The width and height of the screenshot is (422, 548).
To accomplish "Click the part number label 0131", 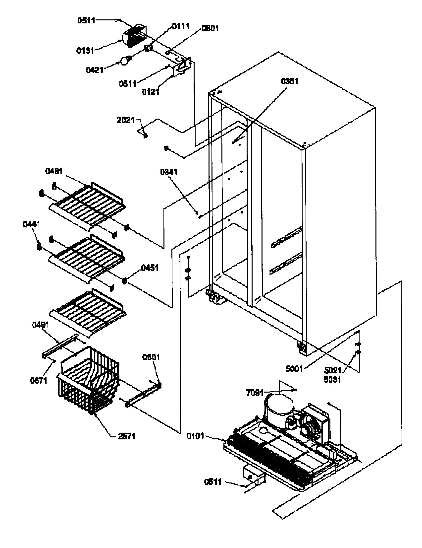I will [x=85, y=51].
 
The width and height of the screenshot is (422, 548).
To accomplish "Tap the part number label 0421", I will [x=95, y=69].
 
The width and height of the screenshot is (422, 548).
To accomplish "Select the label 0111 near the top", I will [x=180, y=26].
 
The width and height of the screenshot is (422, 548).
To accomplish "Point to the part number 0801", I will [x=210, y=28].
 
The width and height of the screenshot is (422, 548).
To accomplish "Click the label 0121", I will [x=150, y=92].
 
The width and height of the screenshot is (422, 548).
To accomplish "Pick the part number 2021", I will [x=126, y=120].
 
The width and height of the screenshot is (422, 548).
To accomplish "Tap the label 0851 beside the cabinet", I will [x=289, y=81].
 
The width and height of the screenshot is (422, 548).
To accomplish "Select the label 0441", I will [x=31, y=224].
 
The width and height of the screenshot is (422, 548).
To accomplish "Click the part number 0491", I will [x=40, y=325].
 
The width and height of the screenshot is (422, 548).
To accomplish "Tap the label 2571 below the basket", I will [x=127, y=436].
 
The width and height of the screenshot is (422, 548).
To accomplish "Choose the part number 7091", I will [x=255, y=393].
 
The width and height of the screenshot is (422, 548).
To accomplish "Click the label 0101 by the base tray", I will [x=195, y=436].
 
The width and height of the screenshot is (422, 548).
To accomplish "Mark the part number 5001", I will [x=294, y=369].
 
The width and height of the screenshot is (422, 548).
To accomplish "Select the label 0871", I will [x=39, y=380].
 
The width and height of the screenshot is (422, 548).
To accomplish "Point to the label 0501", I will [x=151, y=357].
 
